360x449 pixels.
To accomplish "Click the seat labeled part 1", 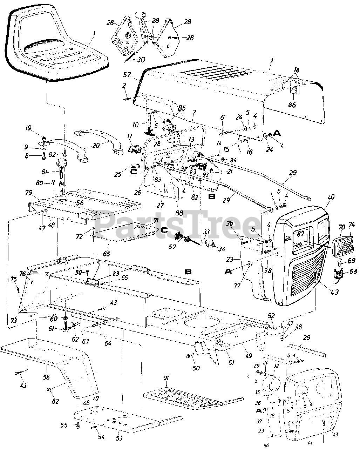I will pos(53,49).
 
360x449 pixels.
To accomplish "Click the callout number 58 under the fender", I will pos(46,377).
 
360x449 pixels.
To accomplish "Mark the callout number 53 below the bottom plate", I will pos(119,439).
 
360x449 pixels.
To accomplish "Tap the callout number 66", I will pos(106,253).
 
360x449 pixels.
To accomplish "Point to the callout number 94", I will pos(233,160).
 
